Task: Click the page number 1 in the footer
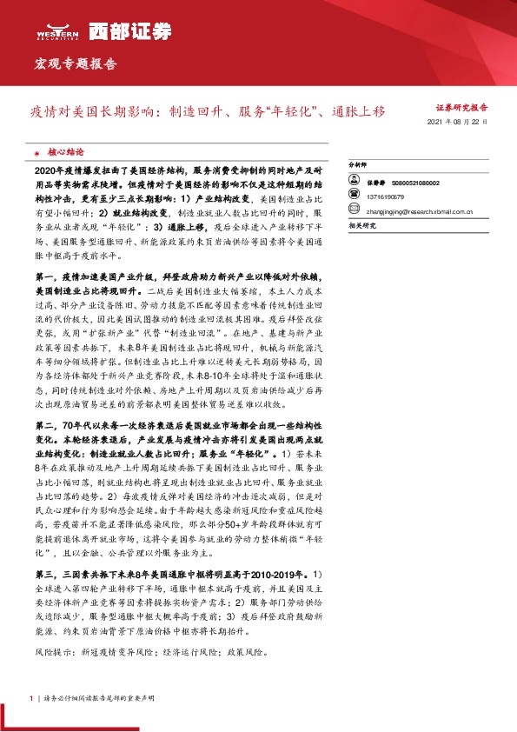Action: [x=31, y=697]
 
